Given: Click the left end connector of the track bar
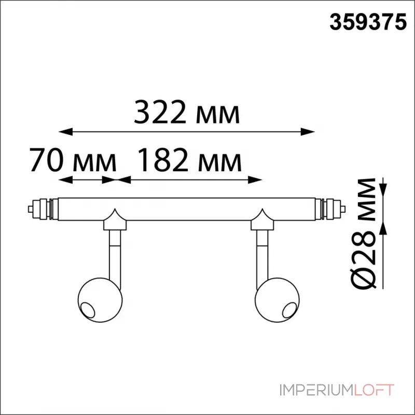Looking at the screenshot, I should click(x=40, y=209).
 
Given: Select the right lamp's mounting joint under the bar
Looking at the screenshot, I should click(x=262, y=222).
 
